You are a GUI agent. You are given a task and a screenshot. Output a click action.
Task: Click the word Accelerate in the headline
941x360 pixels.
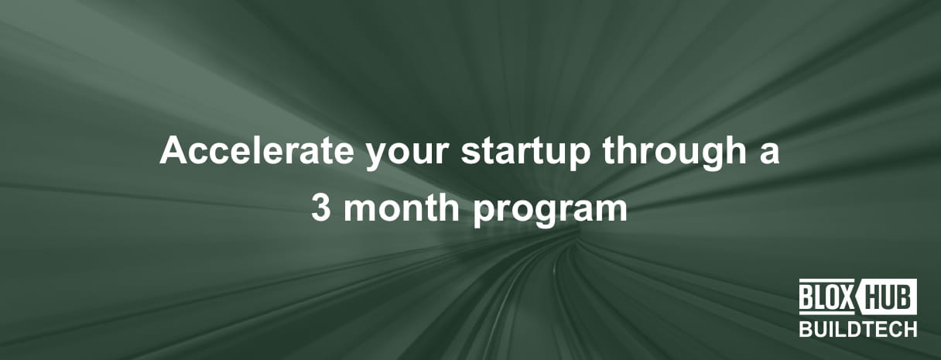[256, 150]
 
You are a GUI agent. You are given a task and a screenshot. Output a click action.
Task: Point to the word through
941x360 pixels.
[675, 153]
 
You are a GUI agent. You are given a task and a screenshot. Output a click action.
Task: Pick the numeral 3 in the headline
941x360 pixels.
[321, 208]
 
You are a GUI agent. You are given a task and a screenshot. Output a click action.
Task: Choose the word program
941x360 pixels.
[550, 211]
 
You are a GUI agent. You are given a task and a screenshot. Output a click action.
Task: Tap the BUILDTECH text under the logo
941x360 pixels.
[858, 329]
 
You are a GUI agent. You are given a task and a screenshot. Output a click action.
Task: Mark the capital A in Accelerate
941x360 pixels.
[173, 150]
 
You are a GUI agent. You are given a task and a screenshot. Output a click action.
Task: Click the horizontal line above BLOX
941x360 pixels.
[827, 280]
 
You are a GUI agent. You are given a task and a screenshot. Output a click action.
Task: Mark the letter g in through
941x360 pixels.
[713, 157]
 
